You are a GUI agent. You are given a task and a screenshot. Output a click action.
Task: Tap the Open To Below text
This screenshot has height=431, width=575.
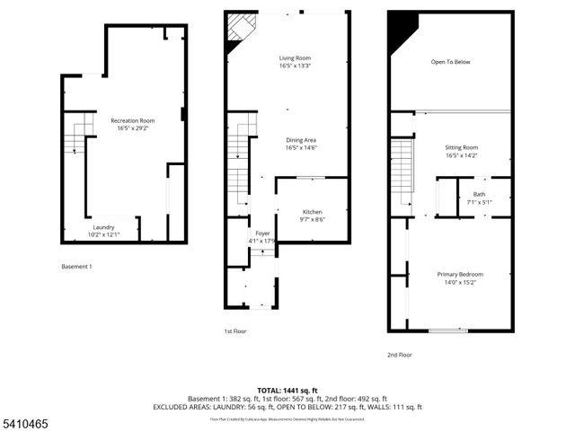tap(450, 62)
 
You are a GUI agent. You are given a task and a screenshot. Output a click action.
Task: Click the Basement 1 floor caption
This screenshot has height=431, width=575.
tap(76, 267)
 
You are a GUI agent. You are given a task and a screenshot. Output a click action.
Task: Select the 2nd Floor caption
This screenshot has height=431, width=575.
tap(400, 355)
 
